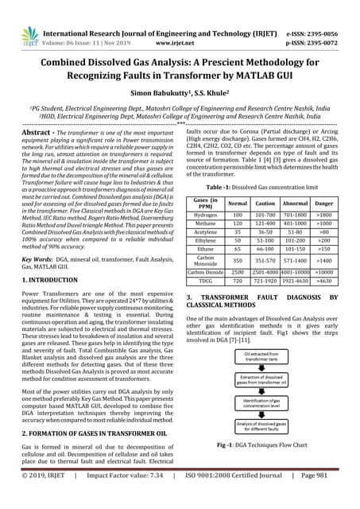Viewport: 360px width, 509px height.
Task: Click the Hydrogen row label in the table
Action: [x=206, y=214]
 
